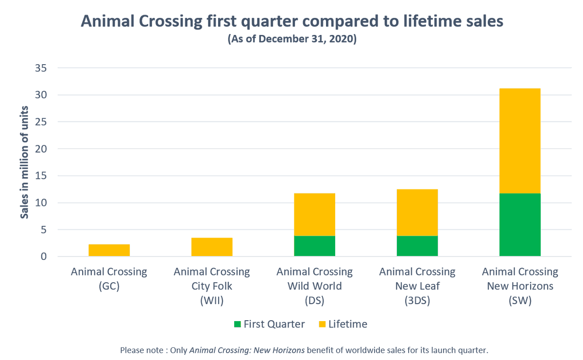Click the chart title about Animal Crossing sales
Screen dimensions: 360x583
click(292, 21)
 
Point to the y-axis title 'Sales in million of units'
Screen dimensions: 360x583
click(24, 162)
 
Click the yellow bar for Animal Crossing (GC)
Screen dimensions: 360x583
click(109, 250)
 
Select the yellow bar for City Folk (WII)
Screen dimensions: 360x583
click(212, 247)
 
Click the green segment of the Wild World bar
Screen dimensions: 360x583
click(314, 246)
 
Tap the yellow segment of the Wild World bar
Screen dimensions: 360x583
click(314, 214)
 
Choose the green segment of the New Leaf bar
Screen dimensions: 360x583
click(417, 246)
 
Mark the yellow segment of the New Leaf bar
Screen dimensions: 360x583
click(417, 212)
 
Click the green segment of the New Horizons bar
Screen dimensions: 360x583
click(520, 224)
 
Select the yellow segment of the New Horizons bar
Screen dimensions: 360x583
click(520, 141)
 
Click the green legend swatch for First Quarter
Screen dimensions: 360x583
click(237, 324)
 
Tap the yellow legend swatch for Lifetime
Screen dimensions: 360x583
click(322, 324)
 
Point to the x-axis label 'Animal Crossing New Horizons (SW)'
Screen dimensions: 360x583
click(520, 286)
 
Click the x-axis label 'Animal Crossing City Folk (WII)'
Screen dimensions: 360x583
click(212, 286)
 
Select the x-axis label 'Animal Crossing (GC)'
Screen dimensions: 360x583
click(109, 279)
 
